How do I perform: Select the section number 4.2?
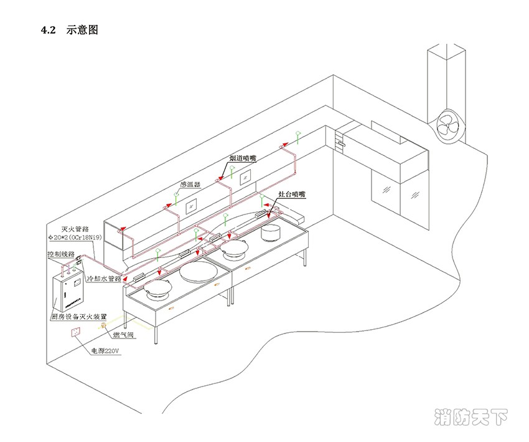click(49, 30)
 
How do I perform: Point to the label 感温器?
click(190, 185)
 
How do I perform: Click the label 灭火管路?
click(77, 229)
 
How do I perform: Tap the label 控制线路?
click(61, 254)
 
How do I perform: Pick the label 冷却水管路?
click(104, 279)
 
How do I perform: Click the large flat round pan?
click(198, 271)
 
